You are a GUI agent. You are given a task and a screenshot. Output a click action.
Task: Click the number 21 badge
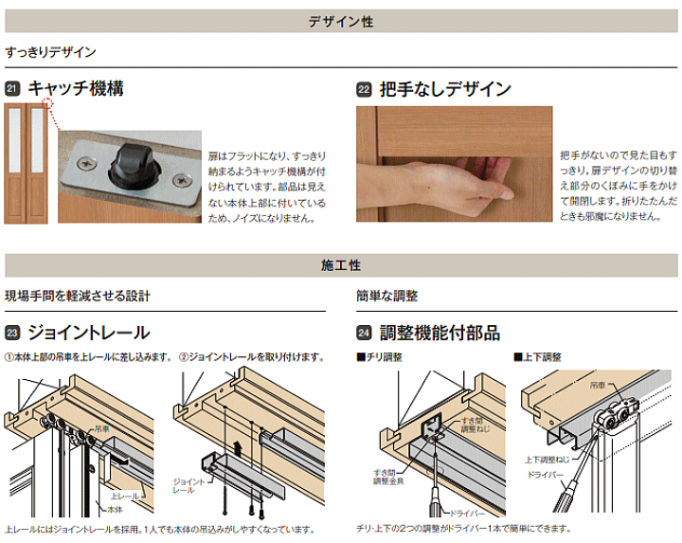pos(12,89)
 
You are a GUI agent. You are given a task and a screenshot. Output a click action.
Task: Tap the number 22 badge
pos(364,90)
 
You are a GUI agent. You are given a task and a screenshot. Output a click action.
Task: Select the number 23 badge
pos(12,333)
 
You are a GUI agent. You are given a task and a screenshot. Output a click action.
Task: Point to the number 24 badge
pos(364,333)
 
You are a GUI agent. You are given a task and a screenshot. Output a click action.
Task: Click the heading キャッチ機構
pos(75,89)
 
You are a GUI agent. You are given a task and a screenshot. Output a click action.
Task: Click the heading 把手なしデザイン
pos(444,89)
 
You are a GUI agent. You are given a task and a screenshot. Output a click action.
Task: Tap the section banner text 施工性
pos(341,265)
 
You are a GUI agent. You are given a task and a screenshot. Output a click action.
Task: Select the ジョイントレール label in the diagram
pos(185,486)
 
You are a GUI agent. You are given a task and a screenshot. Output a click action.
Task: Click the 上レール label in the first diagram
pos(123,495)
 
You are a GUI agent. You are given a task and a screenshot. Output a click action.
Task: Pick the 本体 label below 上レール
pos(113,508)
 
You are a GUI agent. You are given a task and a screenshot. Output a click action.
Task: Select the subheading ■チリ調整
pos(379,357)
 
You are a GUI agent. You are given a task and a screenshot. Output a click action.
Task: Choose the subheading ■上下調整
pos(538,357)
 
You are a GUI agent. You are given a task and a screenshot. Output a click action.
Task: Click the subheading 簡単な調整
pos(387,296)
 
